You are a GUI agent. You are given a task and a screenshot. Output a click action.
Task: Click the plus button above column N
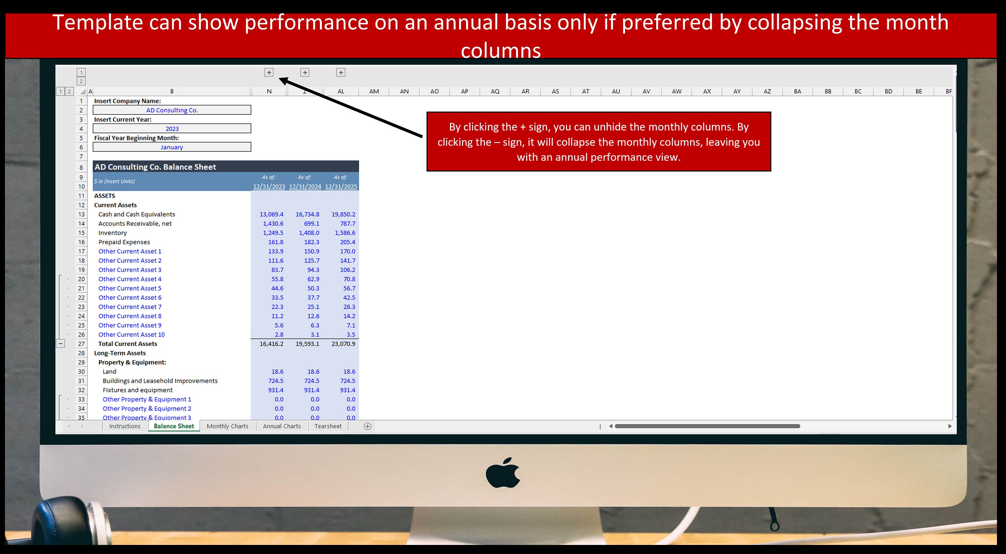pos(269,72)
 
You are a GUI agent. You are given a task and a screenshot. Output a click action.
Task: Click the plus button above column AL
pos(341,72)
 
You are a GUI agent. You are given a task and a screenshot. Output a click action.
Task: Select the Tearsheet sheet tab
pos(328,426)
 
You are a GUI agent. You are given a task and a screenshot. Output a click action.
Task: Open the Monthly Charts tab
pos(227,426)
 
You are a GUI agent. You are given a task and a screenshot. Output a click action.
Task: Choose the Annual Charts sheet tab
pos(282,426)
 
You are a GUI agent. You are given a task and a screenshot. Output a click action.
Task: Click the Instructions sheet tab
pos(125,426)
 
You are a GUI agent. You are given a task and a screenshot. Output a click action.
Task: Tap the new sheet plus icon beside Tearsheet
pos(368,426)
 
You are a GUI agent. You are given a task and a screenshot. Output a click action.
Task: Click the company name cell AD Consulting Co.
pos(172,110)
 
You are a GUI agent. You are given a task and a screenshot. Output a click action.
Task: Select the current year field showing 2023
pos(172,129)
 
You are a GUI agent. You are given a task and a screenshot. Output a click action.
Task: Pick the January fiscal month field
pos(172,147)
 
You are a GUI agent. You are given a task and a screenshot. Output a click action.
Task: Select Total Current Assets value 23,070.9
pos(343,344)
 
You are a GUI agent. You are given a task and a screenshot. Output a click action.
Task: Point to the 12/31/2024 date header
pos(305,186)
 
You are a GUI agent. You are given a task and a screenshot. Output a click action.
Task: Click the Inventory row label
pos(112,233)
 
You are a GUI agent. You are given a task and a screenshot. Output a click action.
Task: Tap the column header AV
pos(646,91)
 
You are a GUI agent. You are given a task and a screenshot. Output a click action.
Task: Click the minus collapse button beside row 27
pos(61,344)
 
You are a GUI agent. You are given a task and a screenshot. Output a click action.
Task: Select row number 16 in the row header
pos(81,242)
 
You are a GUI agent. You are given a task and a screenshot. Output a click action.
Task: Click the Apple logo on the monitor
pos(503,473)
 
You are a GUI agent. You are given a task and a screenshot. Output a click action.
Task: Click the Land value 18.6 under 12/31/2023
pos(277,371)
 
